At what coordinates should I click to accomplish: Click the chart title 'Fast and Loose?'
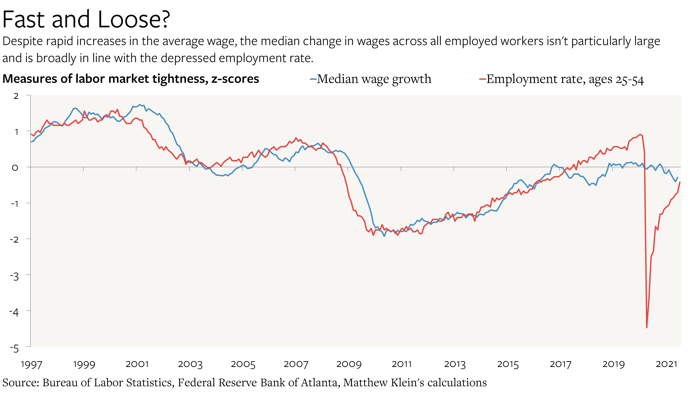coord(86,20)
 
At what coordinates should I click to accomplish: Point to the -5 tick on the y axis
coord(14,349)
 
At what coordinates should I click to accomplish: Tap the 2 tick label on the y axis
coord(16,96)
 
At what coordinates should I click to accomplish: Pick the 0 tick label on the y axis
coord(15,168)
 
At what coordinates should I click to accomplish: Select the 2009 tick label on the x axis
coord(349,364)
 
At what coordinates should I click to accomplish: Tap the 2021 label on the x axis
coord(666,364)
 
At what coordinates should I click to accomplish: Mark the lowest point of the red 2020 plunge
coord(647,327)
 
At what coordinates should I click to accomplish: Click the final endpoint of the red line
coord(680,182)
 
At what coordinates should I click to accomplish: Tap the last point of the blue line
coord(678,178)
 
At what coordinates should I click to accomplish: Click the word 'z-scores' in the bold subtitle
coord(235,79)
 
